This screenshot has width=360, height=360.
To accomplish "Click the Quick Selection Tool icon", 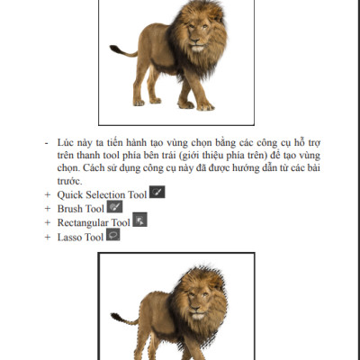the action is point(157,193).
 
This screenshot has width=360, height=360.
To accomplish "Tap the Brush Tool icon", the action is point(114,207).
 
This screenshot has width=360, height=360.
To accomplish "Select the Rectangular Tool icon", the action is point(139,220).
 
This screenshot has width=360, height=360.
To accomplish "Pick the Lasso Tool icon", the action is point(113,235).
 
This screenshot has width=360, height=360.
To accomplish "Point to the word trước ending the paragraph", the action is point(70,181).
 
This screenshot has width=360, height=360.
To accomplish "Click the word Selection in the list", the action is point(105,194).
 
